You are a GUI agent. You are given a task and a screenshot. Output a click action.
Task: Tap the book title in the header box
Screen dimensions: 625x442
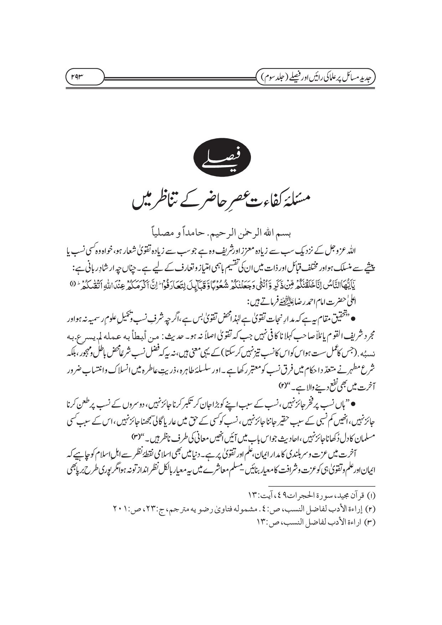[x=316, y=76]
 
